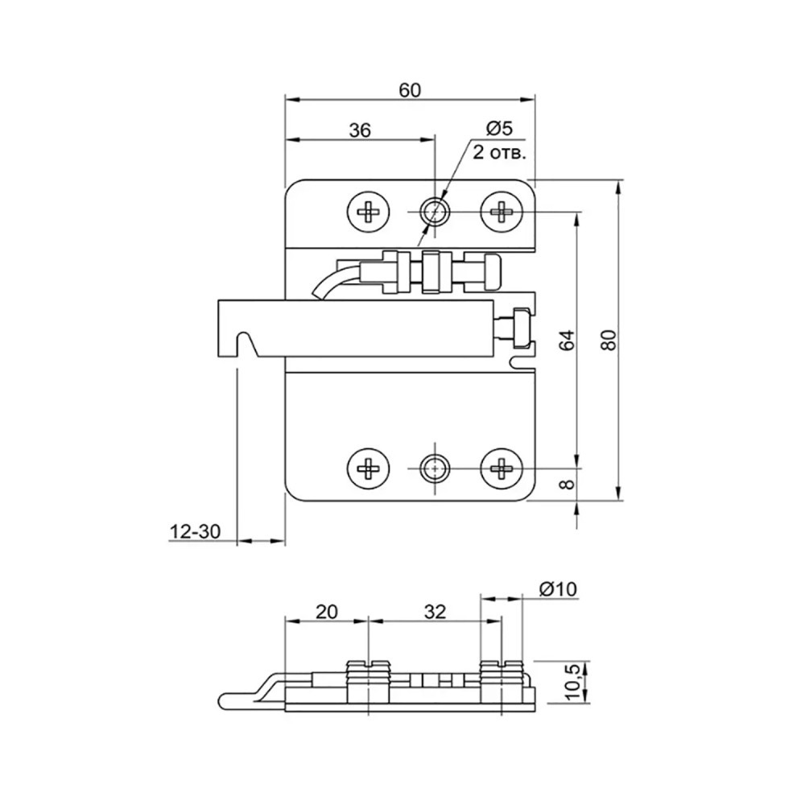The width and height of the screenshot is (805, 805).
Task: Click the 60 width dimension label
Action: tap(410, 90)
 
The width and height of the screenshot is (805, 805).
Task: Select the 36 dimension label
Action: tap(360, 130)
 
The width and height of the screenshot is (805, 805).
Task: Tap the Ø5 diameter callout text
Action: tap(498, 128)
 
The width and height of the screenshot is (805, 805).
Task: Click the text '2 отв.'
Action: tap(499, 152)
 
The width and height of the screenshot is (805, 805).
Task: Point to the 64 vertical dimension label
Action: tap(568, 341)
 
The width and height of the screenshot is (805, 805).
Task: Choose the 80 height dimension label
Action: tap(609, 340)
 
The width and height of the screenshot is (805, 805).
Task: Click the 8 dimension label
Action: tap(568, 484)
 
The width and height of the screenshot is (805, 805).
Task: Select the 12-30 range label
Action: tap(195, 531)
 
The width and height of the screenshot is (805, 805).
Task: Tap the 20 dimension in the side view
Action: tap(327, 612)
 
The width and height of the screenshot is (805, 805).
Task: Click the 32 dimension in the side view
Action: tap(435, 612)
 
